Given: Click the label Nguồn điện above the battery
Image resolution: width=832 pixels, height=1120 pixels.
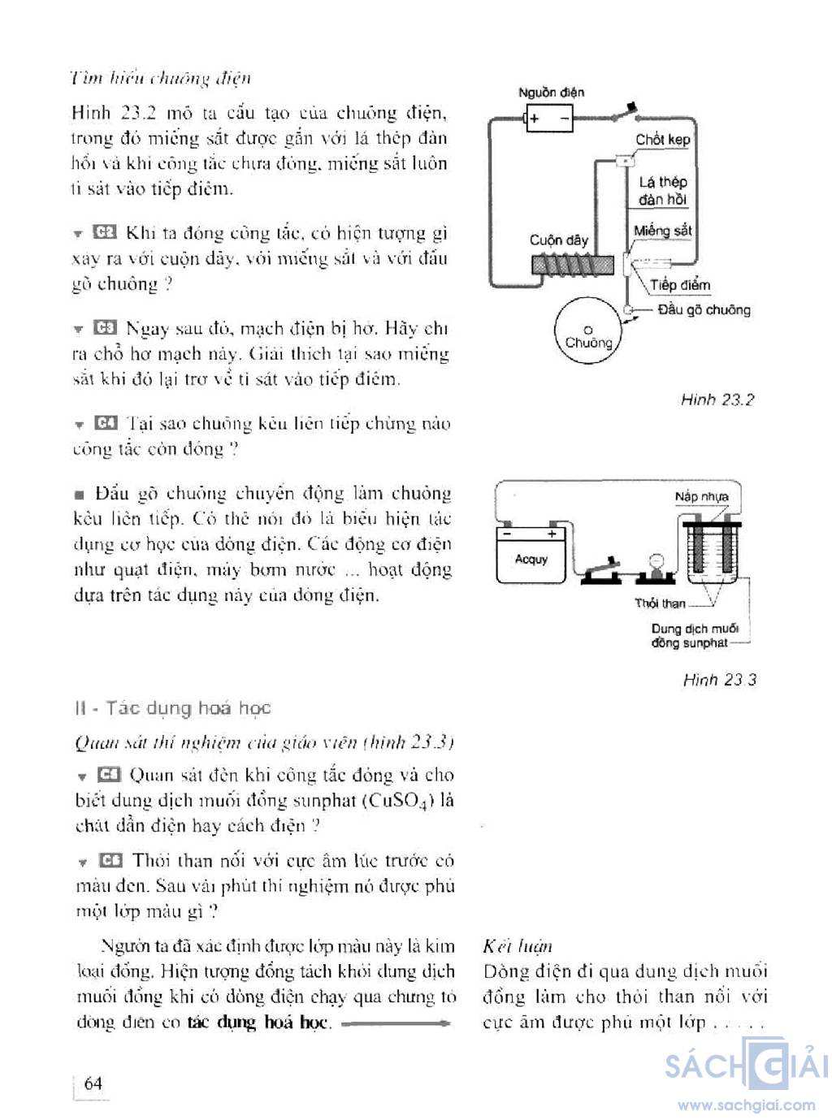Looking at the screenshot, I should tap(551, 93).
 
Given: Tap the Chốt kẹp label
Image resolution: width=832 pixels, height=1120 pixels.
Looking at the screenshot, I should tap(662, 140).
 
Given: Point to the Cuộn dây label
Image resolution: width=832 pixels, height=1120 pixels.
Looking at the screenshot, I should tap(558, 240).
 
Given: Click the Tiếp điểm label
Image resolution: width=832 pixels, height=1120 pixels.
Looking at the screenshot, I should tap(679, 285).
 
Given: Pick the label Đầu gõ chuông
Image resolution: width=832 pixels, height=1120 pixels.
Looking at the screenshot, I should tap(704, 310).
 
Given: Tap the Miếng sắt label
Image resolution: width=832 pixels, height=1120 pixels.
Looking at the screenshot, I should tap(662, 231).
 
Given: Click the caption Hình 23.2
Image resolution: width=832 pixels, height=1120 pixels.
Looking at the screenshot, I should tap(717, 400).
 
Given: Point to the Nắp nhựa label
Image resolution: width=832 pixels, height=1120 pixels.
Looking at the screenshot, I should tap(701, 496).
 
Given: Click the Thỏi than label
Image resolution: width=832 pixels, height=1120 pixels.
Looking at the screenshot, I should tap(660, 603).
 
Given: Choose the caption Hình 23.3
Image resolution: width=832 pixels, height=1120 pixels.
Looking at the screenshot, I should tap(719, 680).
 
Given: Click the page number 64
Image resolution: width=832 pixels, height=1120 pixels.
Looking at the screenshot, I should tap(93, 1083).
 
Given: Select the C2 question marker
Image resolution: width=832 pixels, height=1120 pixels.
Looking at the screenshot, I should tap(105, 233).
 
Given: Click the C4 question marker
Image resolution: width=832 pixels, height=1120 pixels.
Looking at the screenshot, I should tap(106, 423).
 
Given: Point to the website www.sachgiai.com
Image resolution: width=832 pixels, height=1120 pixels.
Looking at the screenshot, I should tap(746, 1105).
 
